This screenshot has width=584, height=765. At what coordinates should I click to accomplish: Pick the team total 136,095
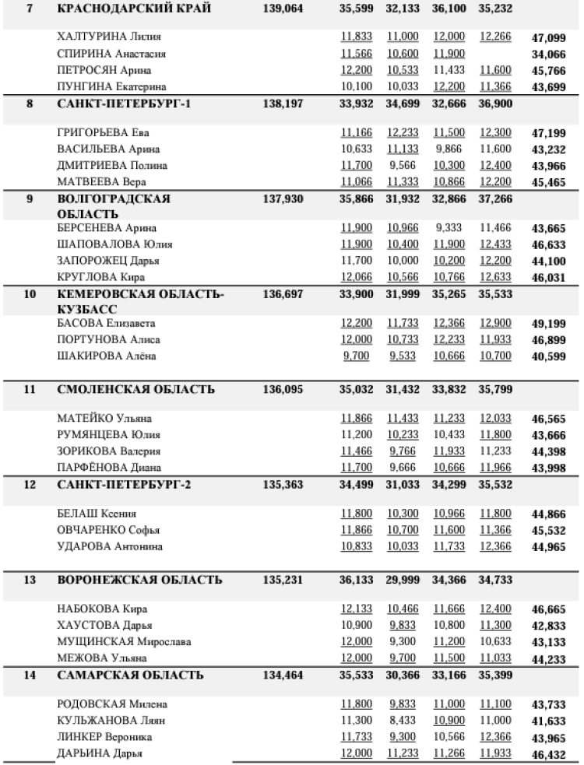(x=277, y=389)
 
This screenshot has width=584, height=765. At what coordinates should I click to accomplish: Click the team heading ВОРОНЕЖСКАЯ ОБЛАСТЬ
(x=140, y=580)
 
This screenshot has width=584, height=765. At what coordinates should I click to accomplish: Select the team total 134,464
(x=277, y=675)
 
